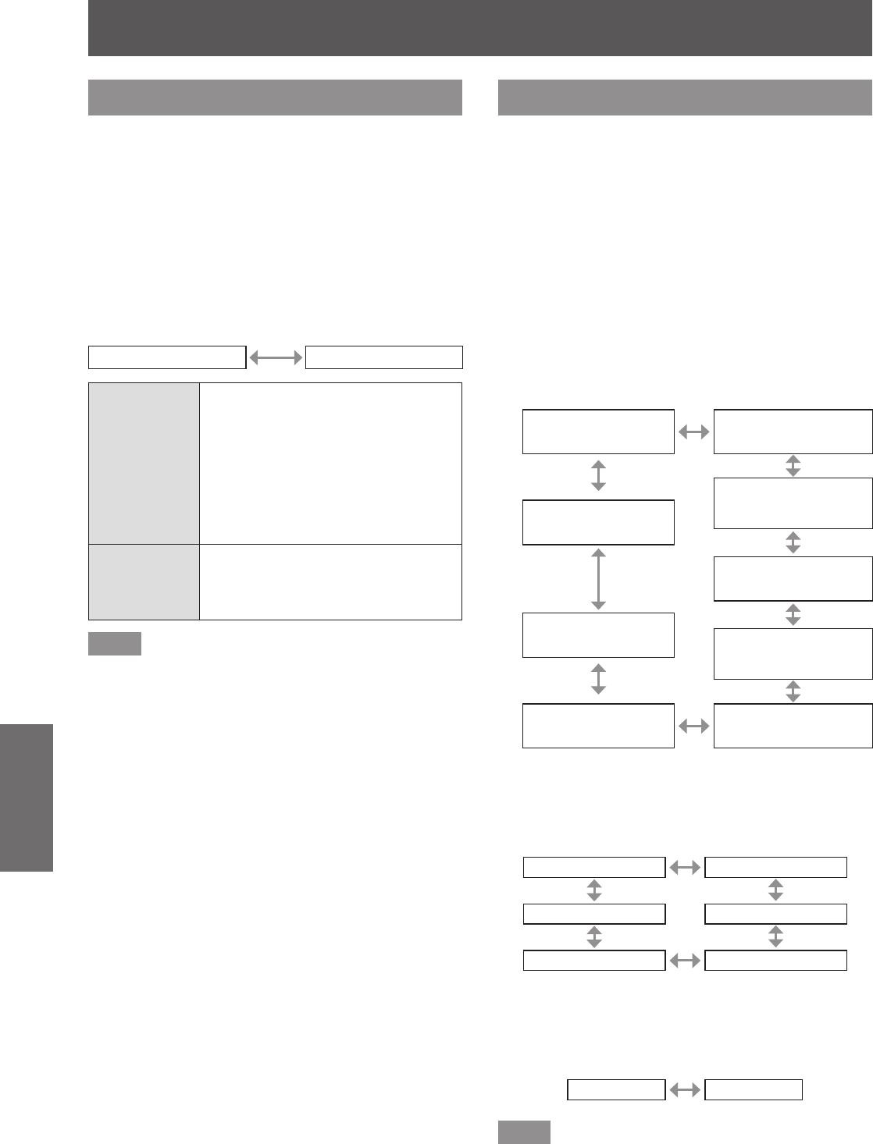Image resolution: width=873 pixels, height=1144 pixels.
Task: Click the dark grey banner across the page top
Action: [480, 28]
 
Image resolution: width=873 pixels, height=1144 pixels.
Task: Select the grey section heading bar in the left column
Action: [275, 97]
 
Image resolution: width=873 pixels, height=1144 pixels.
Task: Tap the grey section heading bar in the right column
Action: [685, 97]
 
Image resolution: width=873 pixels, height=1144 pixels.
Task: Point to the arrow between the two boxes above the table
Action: [276, 357]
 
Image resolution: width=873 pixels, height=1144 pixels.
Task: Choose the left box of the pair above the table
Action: [167, 357]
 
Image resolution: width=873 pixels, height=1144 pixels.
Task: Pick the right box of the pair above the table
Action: [384, 357]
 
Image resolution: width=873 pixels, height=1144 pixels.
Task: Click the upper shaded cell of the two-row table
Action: [144, 463]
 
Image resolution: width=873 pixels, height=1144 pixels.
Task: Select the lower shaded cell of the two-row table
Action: [144, 582]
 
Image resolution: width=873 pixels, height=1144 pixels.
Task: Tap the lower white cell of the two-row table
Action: [330, 582]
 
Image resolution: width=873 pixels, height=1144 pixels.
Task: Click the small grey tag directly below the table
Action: [115, 644]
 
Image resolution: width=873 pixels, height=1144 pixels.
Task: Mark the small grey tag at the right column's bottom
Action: [524, 1132]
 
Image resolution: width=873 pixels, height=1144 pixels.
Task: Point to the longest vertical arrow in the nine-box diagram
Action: [598, 578]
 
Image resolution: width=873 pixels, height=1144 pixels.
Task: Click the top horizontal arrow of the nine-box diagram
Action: [694, 431]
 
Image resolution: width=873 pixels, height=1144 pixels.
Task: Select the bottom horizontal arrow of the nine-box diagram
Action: [694, 726]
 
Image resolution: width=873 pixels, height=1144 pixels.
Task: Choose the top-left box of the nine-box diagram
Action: [598, 431]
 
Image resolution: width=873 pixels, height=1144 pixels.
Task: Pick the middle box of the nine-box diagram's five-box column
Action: [793, 578]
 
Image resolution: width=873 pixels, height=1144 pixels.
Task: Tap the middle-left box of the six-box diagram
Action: [593, 914]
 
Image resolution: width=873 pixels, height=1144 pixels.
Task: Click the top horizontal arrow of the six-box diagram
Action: [685, 867]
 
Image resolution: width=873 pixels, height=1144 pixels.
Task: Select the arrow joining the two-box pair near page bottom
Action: [685, 1089]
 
